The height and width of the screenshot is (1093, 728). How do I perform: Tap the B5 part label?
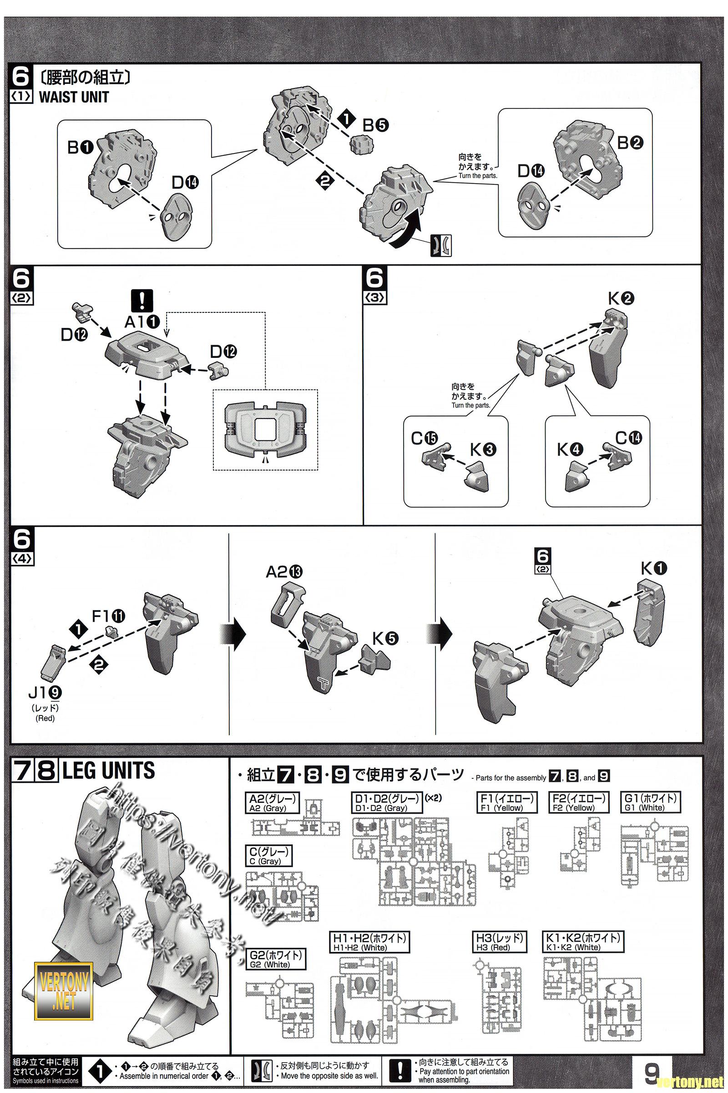pos(375,124)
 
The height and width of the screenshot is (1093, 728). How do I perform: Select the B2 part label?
pos(630,143)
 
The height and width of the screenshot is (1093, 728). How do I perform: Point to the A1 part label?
pos(142,321)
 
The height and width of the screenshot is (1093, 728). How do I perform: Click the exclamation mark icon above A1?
pos(142,300)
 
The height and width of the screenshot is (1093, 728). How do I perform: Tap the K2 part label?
pos(621,299)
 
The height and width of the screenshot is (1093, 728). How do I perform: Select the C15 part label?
pos(424,438)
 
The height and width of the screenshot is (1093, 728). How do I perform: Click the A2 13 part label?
pos(283,572)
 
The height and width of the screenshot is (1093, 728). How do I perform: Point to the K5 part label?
pos(385,639)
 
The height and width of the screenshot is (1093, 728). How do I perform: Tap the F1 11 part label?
pos(109,616)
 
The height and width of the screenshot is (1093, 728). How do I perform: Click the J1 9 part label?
pos(45,693)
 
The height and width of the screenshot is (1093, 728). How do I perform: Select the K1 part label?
pos(654,568)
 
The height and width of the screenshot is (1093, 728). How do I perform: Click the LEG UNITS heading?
pos(108,771)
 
